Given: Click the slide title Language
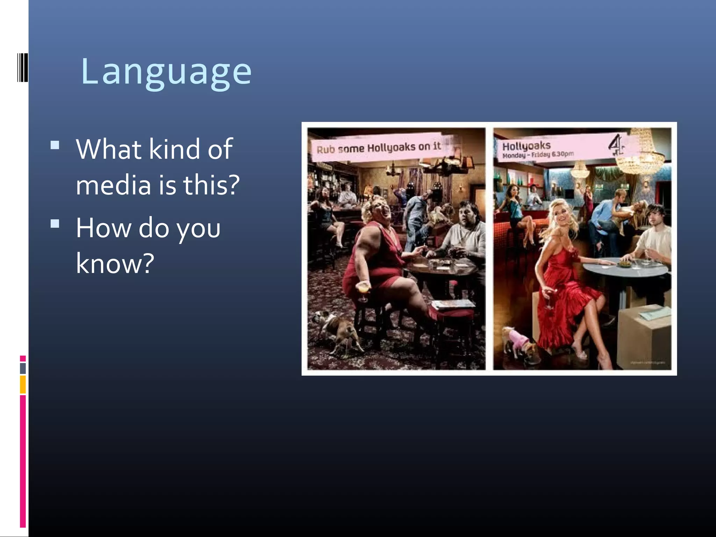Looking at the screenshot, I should point(166,72).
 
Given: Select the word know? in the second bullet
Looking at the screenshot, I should point(115,263).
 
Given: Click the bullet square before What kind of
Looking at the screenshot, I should point(55,145).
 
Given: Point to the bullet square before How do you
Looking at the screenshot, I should point(55,223).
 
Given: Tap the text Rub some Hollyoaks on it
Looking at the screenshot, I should point(378,148).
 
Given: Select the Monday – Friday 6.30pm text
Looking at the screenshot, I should point(538,154).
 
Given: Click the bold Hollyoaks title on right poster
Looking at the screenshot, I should point(526,145).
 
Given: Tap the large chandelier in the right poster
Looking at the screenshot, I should point(640,154).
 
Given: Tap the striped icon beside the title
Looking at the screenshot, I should point(22,67).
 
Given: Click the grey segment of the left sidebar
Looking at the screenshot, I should point(23,368).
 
